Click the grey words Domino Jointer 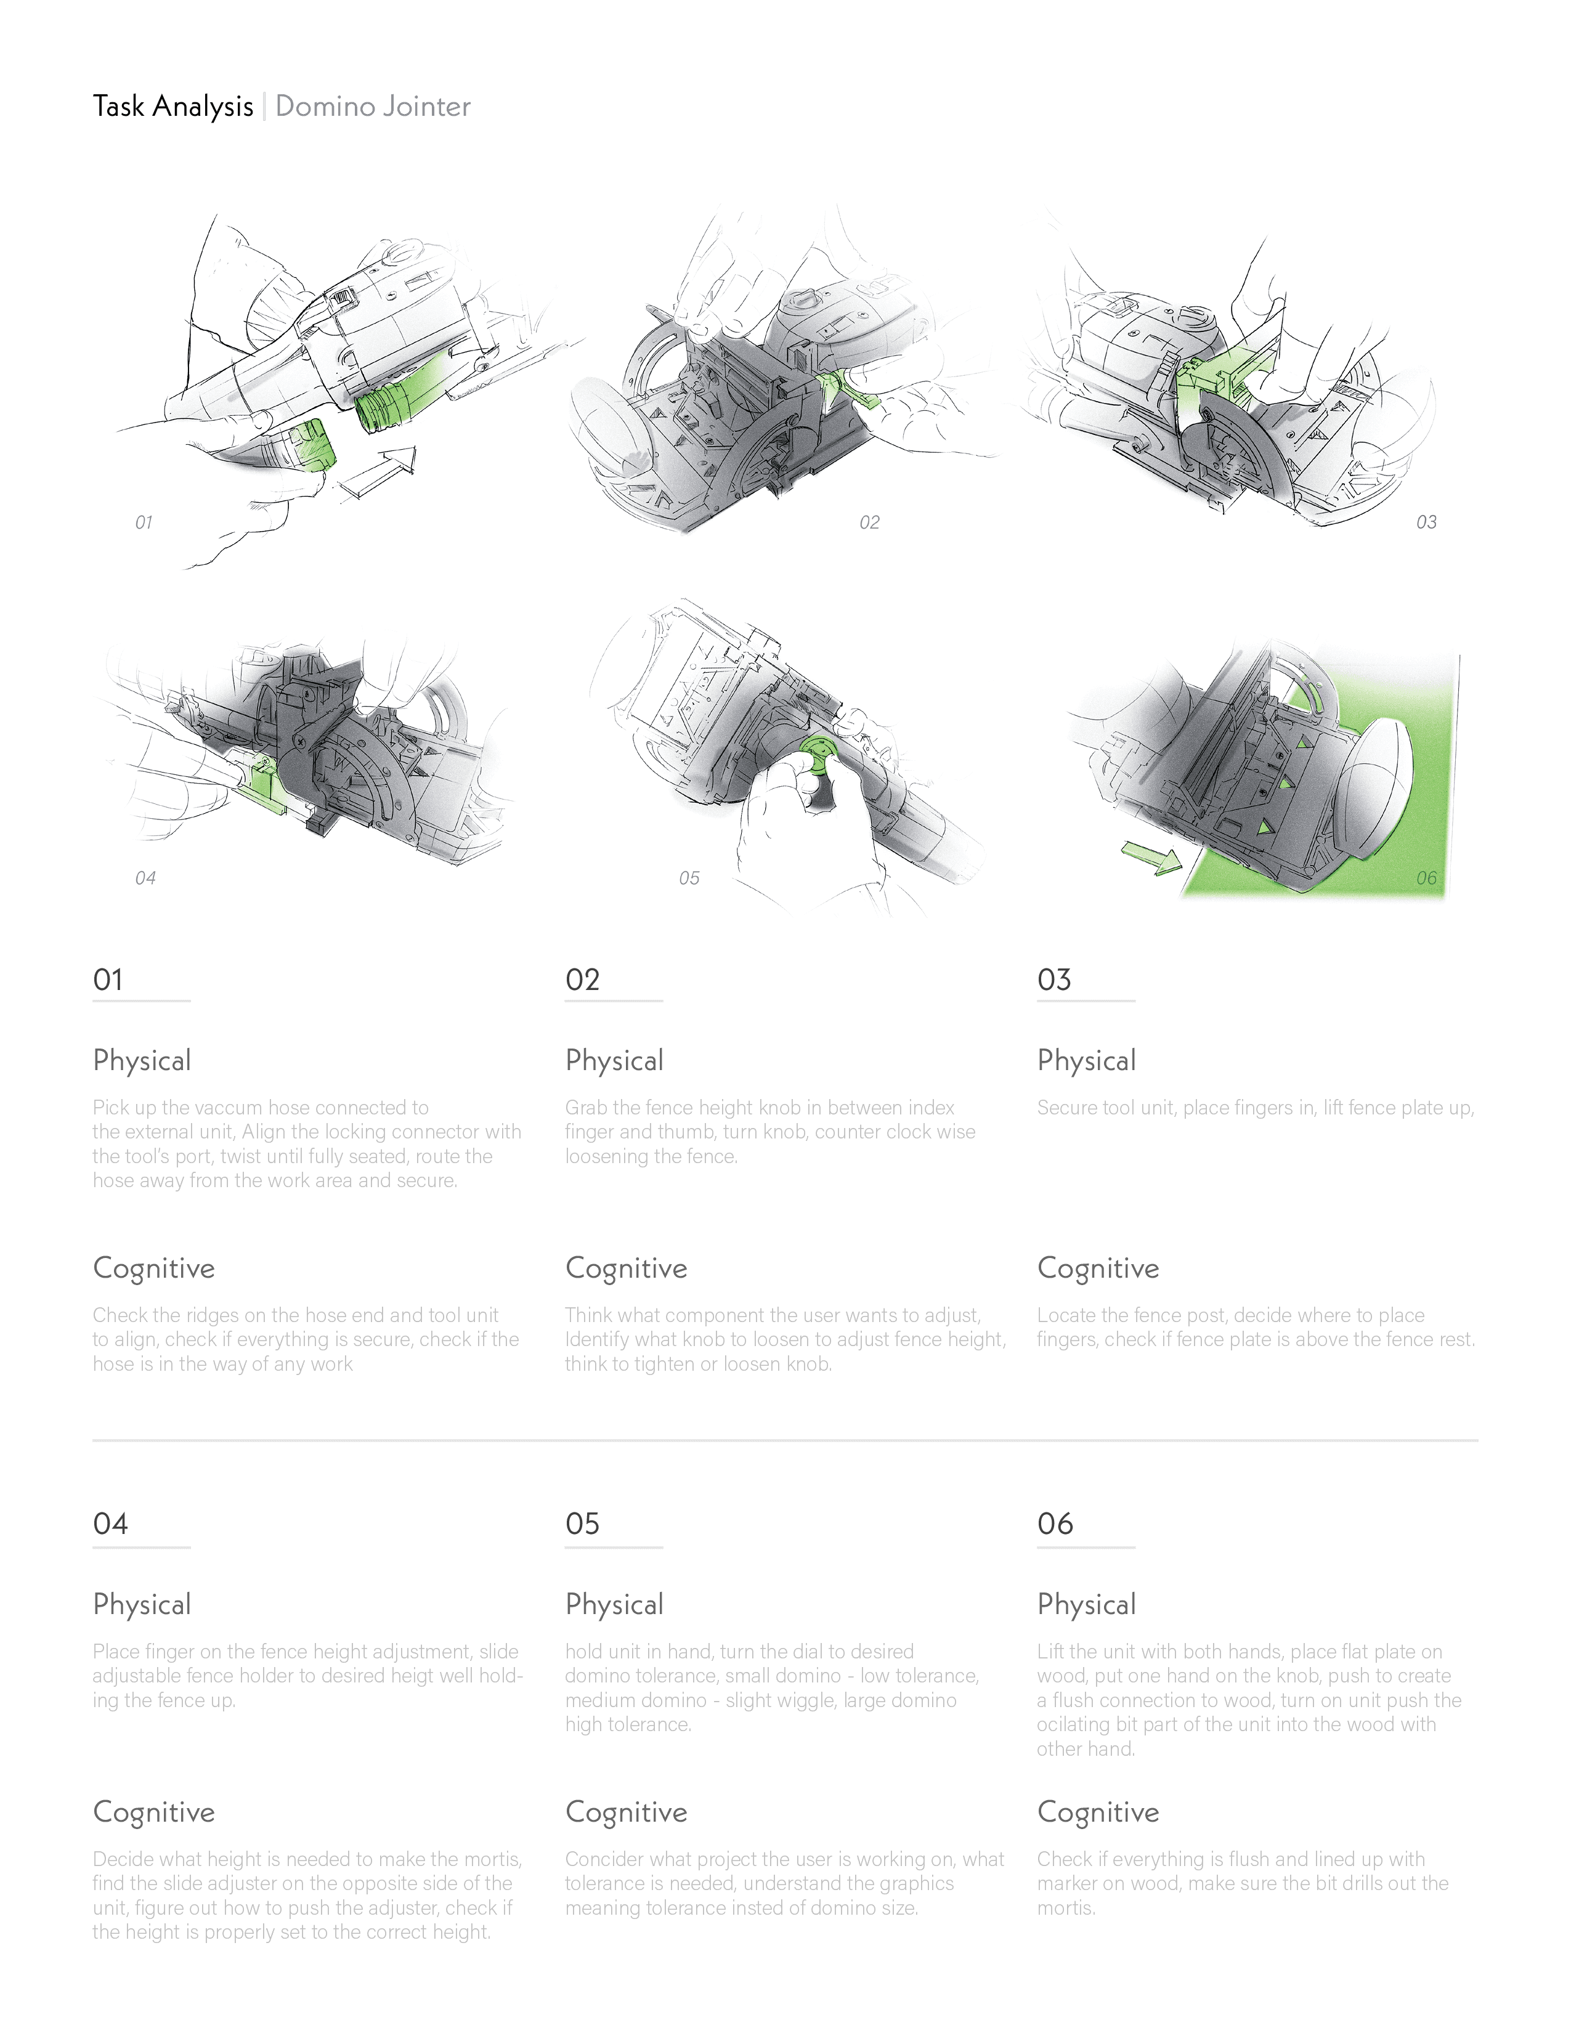[x=373, y=106]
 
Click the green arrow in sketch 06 [x=1150, y=856]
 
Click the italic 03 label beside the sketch [x=1426, y=522]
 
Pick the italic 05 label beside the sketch [x=689, y=878]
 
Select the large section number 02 [x=583, y=980]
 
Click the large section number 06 [x=1055, y=1523]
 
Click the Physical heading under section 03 [x=1086, y=1060]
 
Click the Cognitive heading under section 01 [x=153, y=1268]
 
